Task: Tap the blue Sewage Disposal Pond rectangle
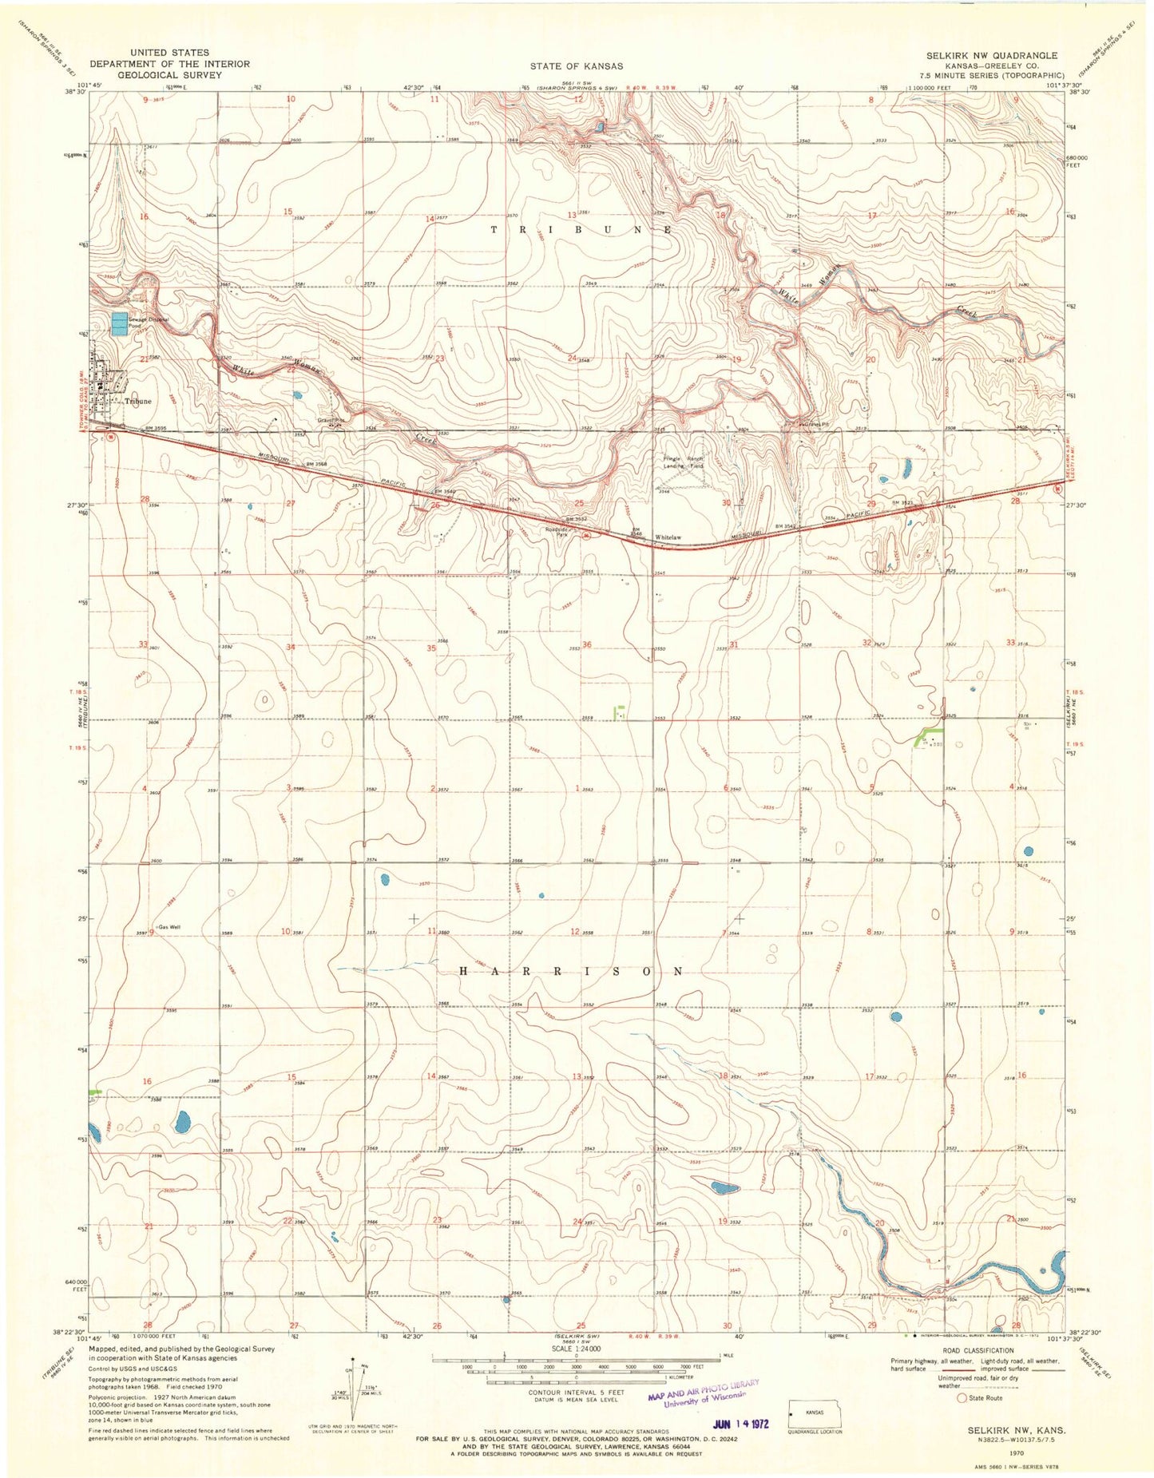click(x=119, y=324)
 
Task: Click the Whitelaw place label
click(x=668, y=537)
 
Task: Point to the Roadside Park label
click(x=556, y=531)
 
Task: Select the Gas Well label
click(x=169, y=927)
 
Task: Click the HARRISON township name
click(x=571, y=971)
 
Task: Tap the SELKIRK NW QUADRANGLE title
click(x=991, y=55)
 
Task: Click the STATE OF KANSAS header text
click(x=576, y=65)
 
